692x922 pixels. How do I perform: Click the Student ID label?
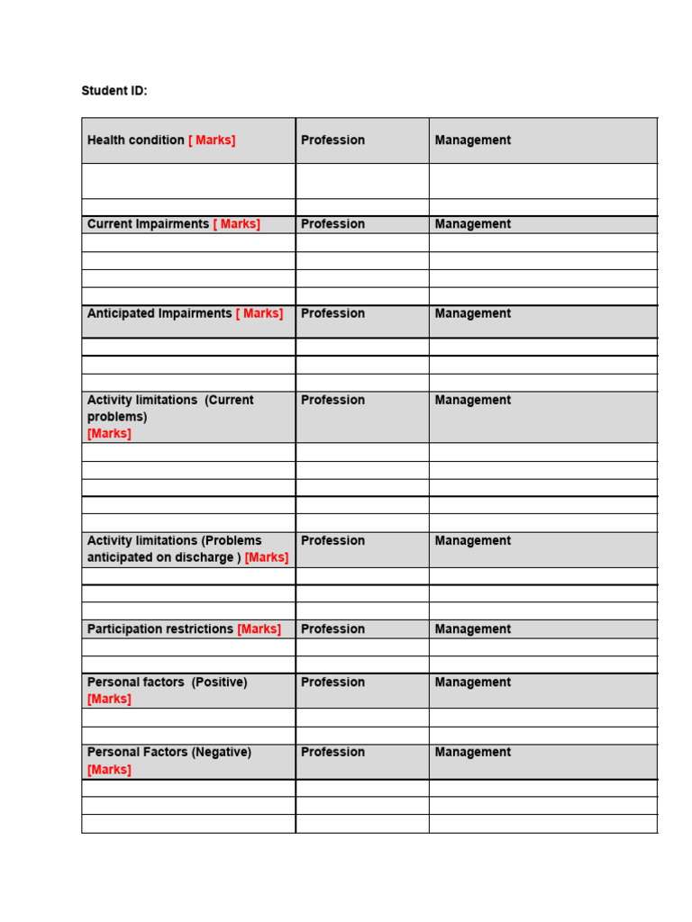pos(114,91)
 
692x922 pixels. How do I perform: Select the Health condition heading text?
pos(135,140)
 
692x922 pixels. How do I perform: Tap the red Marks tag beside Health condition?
pos(212,140)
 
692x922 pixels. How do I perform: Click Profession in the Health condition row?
pos(332,140)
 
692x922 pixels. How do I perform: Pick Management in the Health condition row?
pos(472,140)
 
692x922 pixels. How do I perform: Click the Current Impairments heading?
pos(148,224)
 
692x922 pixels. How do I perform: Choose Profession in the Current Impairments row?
pos(332,224)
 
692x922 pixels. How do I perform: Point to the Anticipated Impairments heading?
pos(159,313)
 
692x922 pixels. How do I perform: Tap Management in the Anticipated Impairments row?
pos(472,313)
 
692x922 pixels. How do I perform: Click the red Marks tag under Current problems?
pos(109,433)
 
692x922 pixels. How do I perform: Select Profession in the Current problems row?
pos(332,400)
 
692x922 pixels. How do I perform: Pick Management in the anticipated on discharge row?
pos(472,541)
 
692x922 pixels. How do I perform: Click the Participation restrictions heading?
pos(159,629)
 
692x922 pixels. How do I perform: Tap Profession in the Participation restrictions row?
pos(332,629)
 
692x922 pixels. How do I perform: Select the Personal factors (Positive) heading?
pos(167,682)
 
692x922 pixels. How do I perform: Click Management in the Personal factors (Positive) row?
pos(472,682)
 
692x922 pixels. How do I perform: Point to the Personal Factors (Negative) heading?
pos(168,752)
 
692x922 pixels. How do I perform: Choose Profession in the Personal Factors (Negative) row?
pos(332,752)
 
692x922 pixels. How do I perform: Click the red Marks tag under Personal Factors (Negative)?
pos(109,770)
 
